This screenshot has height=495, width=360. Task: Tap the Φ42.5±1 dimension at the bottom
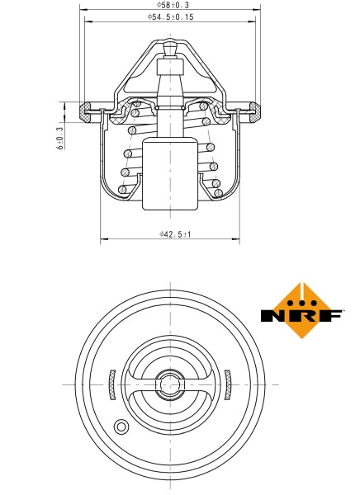tap(175, 235)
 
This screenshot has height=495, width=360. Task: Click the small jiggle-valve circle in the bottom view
tap(121, 427)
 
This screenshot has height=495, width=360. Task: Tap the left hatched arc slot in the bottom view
tap(112, 384)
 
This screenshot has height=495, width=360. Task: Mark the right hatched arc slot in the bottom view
tap(230, 384)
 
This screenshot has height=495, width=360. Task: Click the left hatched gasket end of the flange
tap(85, 110)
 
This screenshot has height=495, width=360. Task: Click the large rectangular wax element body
tap(170, 175)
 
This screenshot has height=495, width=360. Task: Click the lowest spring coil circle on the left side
tap(123, 190)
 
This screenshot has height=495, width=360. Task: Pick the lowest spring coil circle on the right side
tap(217, 193)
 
